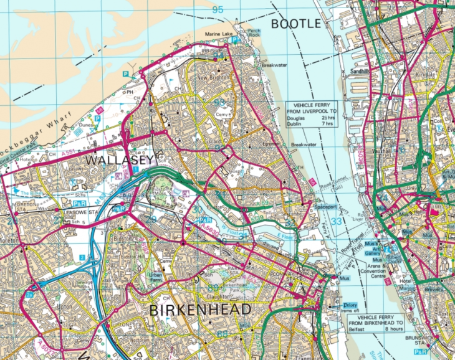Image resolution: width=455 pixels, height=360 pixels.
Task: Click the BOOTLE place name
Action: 296,24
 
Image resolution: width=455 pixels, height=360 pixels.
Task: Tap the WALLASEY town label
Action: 118,160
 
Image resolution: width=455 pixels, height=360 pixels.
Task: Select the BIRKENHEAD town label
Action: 199,310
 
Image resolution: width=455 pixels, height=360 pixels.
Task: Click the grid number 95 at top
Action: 217,9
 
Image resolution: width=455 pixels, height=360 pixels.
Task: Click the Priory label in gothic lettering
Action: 353,305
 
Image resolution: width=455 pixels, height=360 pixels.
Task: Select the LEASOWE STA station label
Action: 85,213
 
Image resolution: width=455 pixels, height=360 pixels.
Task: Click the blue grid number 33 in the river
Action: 337,220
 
